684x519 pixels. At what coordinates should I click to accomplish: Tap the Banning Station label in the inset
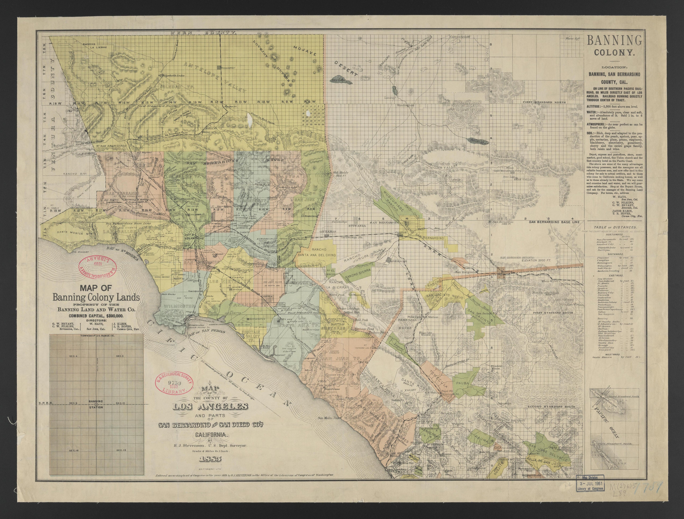point(96,404)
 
